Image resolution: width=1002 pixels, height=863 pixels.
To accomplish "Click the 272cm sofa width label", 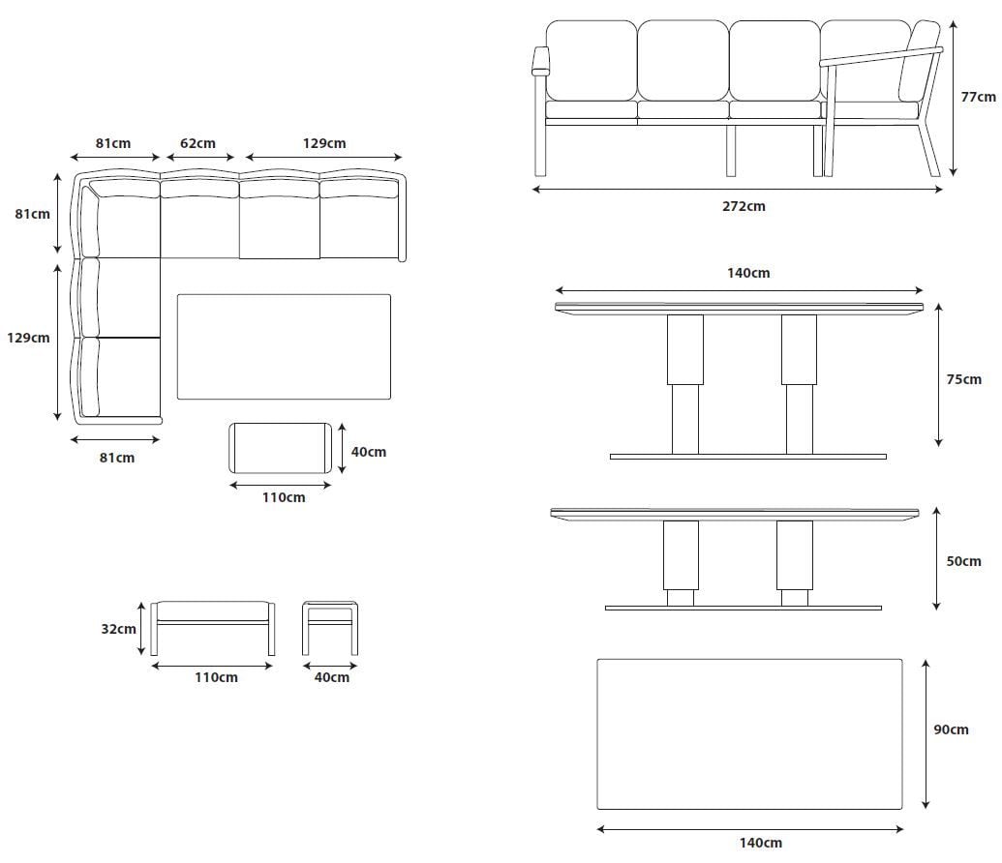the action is coord(744,206).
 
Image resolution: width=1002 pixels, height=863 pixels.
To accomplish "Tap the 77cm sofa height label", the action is coord(979,97).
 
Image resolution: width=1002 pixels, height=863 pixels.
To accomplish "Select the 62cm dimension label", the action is coord(197,143).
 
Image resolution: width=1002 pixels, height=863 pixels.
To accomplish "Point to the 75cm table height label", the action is coord(963,379).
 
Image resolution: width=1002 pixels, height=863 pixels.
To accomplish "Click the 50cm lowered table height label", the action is coord(963,561).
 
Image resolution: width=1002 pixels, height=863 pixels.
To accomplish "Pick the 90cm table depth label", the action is coord(951,729).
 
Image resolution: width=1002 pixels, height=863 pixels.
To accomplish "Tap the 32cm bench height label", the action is coord(118,629).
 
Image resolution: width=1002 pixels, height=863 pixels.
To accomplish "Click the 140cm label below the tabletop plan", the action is coord(760,844).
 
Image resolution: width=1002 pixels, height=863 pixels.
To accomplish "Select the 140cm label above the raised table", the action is coord(748,274).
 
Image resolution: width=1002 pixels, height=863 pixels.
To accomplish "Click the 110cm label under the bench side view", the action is coord(216,677).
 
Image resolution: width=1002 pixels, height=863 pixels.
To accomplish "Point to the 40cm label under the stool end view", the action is coord(332,677).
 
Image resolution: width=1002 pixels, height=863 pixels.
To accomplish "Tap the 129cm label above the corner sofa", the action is coord(324,143).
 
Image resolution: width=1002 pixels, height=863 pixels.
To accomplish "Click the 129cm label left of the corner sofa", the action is coord(28,338).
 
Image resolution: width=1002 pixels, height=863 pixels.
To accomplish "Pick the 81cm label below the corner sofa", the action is coord(117,458).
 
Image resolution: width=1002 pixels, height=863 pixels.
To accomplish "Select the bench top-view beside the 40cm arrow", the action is coord(281,448).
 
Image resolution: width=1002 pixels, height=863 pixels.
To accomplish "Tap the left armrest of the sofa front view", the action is coord(540,61).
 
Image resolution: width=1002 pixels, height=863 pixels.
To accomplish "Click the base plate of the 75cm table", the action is coord(747,457).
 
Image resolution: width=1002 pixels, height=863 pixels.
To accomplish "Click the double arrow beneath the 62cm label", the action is coord(200,157).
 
